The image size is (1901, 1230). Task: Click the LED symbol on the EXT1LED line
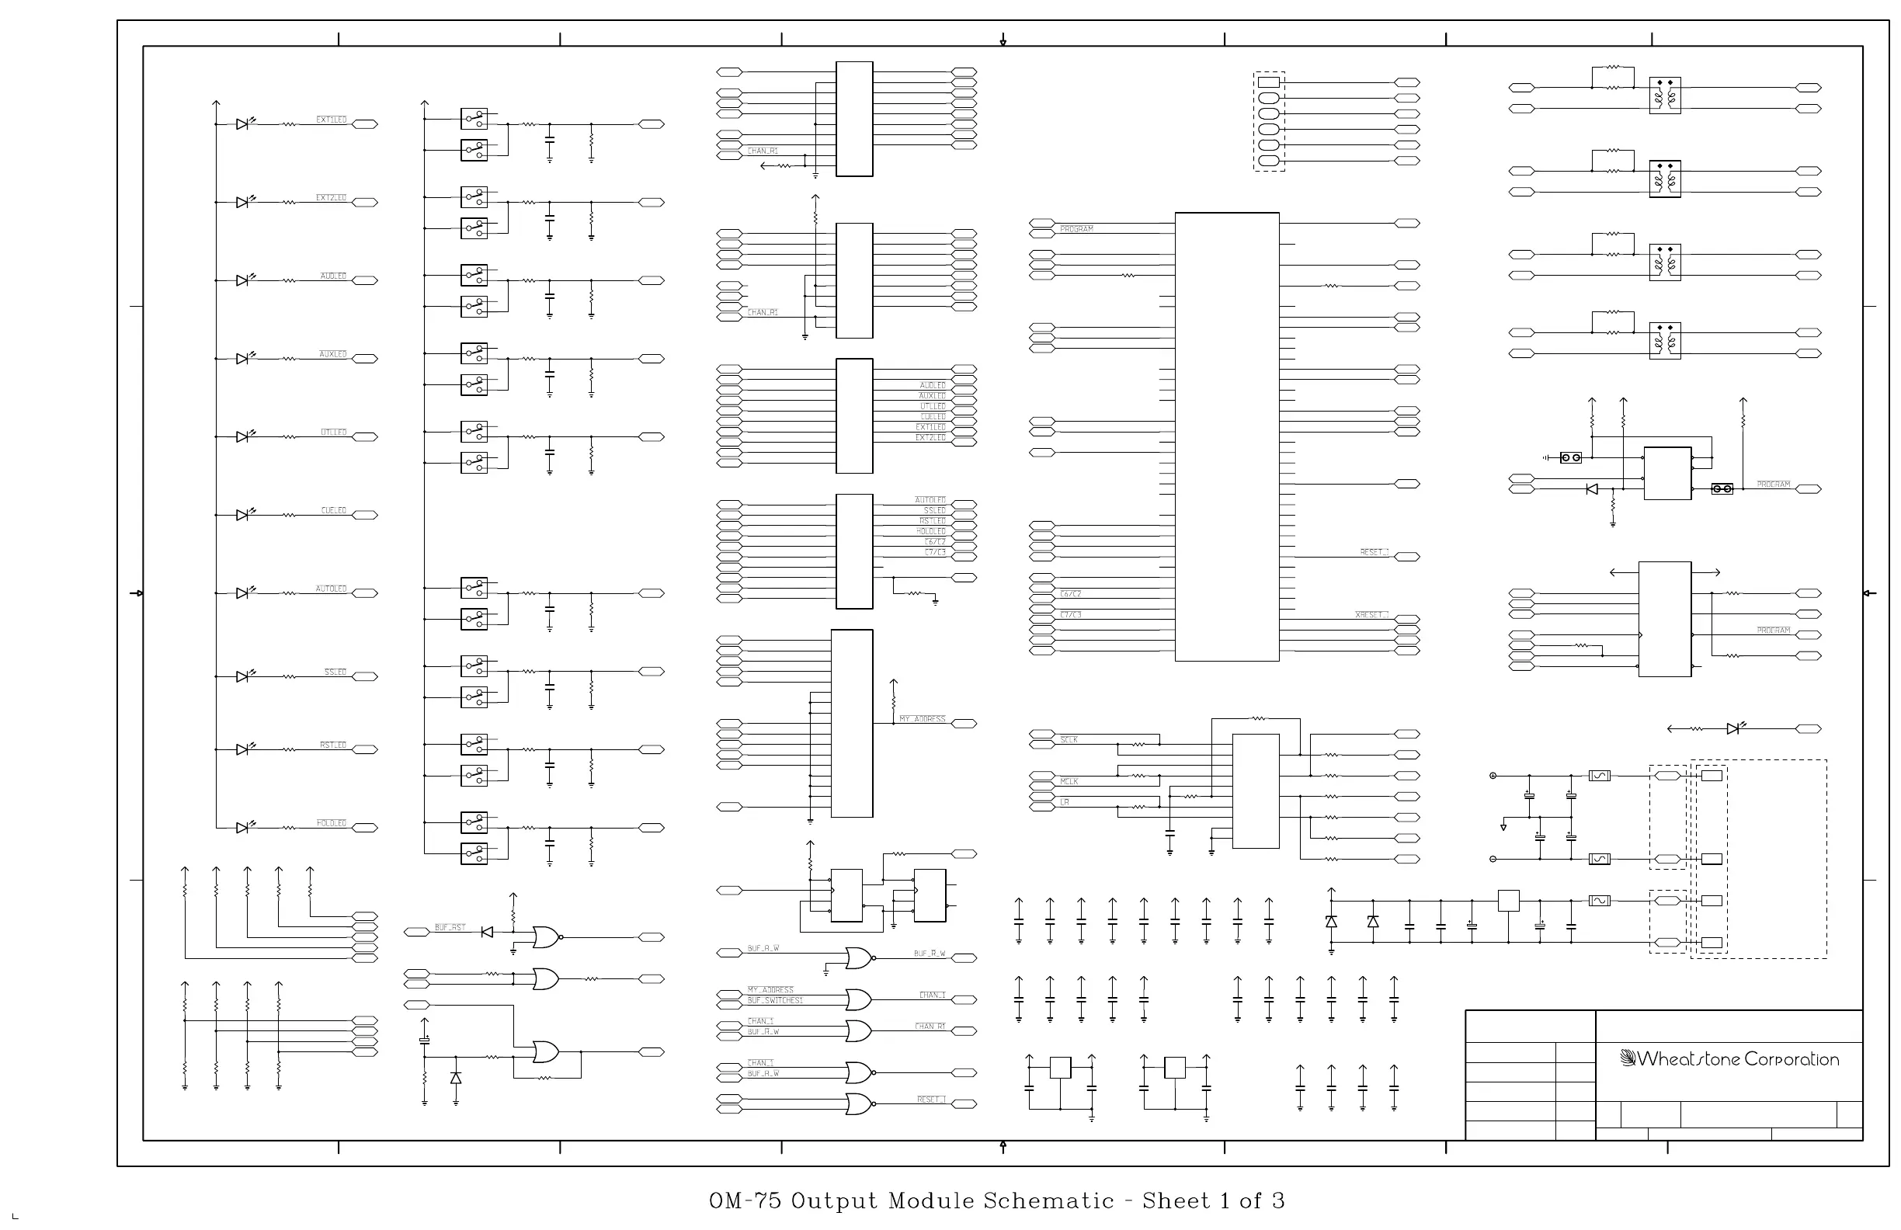pos(243,124)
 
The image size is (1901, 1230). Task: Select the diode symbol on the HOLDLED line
pos(243,829)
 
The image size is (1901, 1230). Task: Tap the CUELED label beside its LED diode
pos(334,510)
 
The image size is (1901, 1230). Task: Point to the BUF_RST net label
pos(450,927)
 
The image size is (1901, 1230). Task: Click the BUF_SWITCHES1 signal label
pos(775,1000)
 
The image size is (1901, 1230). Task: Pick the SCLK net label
pos(1069,739)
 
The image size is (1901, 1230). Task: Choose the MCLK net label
pos(1069,781)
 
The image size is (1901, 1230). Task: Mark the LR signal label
pos(1065,802)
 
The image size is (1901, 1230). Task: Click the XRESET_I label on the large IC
pos(1371,614)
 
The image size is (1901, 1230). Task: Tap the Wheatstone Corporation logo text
pos(1737,1059)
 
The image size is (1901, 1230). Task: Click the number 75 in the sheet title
pos(763,1200)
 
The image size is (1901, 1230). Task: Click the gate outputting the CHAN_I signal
pos(859,1000)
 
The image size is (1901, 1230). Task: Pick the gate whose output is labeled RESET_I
pos(859,1105)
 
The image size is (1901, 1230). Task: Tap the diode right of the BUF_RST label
pos(487,932)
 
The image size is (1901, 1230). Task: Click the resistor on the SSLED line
pos(289,676)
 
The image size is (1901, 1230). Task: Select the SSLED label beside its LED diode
pos(335,672)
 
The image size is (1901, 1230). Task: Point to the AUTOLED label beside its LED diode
pos(331,589)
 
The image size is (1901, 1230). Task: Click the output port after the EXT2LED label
pos(365,203)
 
